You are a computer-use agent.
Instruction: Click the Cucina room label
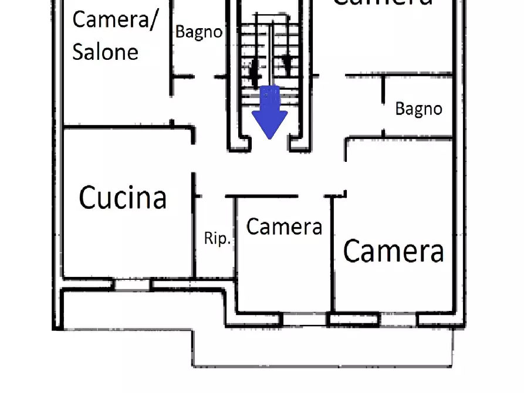click(x=123, y=198)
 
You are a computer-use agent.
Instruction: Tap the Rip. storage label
click(x=217, y=239)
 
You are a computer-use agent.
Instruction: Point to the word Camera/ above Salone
click(x=115, y=20)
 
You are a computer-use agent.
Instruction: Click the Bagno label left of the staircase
click(x=199, y=32)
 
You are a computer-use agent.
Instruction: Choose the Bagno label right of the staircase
click(x=418, y=109)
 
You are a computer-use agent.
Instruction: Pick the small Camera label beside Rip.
click(x=284, y=226)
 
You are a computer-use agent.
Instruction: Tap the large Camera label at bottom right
click(x=393, y=251)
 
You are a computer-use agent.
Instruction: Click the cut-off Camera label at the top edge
click(x=382, y=3)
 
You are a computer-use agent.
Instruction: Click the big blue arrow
click(x=269, y=111)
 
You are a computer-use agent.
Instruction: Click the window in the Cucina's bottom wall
click(x=131, y=284)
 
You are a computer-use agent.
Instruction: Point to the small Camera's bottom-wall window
click(x=305, y=320)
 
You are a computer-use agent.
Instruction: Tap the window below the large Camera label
click(x=398, y=320)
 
